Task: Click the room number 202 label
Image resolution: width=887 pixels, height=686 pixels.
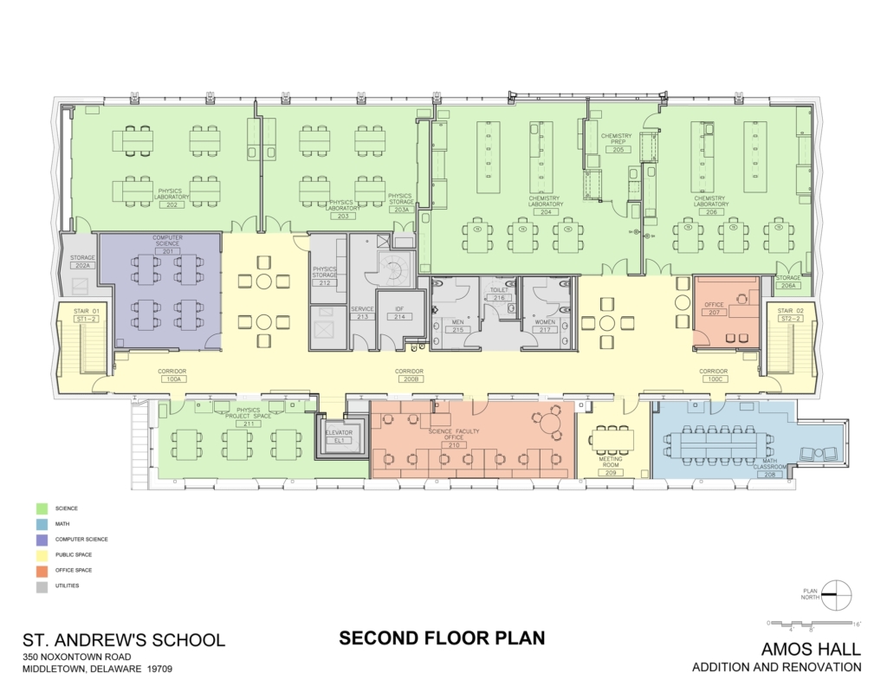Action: pos(172,205)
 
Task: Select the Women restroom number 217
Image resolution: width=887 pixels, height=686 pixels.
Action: pos(545,330)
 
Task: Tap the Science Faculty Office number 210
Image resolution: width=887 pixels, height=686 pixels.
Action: pos(454,445)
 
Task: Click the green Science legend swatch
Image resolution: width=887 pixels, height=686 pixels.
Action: pos(42,508)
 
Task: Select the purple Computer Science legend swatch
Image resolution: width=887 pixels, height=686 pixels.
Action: pos(42,539)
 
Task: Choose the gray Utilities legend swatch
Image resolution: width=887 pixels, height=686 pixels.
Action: pos(42,586)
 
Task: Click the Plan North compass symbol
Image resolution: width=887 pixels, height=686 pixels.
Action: pos(836,595)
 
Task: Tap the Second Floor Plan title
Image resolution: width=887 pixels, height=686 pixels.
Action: pos(442,638)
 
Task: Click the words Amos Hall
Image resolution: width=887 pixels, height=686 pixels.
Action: pos(810,649)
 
